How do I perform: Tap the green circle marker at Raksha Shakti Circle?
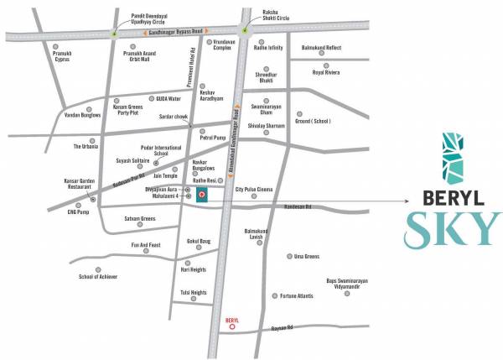pyautogui.click(x=245, y=32)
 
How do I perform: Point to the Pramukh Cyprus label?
pyautogui.click(x=55, y=59)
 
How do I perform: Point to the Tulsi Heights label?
pyautogui.click(x=193, y=293)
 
